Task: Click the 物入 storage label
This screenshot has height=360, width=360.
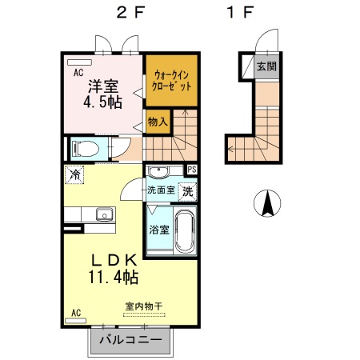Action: coord(158,122)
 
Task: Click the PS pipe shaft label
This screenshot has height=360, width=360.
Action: coord(192,170)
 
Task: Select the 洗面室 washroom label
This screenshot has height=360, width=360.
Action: coord(160,190)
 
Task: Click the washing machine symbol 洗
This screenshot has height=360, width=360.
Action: coord(187,191)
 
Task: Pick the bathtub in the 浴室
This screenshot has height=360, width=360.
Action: coord(185,231)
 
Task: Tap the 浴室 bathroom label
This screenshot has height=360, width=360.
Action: coord(158,230)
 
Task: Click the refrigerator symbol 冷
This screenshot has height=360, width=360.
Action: coord(74,174)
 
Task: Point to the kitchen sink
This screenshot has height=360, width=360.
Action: coord(103,214)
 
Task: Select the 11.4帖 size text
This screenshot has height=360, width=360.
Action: coord(114,278)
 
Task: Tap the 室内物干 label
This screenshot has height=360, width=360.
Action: coord(143,306)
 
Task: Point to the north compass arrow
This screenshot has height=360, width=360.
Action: coord(267,205)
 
